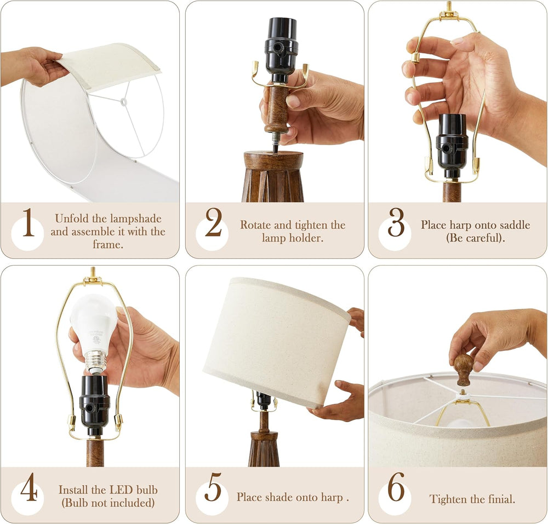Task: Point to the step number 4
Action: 28,487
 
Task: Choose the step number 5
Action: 213,487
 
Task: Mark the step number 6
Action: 396,487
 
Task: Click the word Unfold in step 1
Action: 72,218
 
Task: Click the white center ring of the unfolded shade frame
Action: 123,102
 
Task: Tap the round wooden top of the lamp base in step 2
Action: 273,159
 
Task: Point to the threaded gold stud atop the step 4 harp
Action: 93,272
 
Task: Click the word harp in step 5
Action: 332,497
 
